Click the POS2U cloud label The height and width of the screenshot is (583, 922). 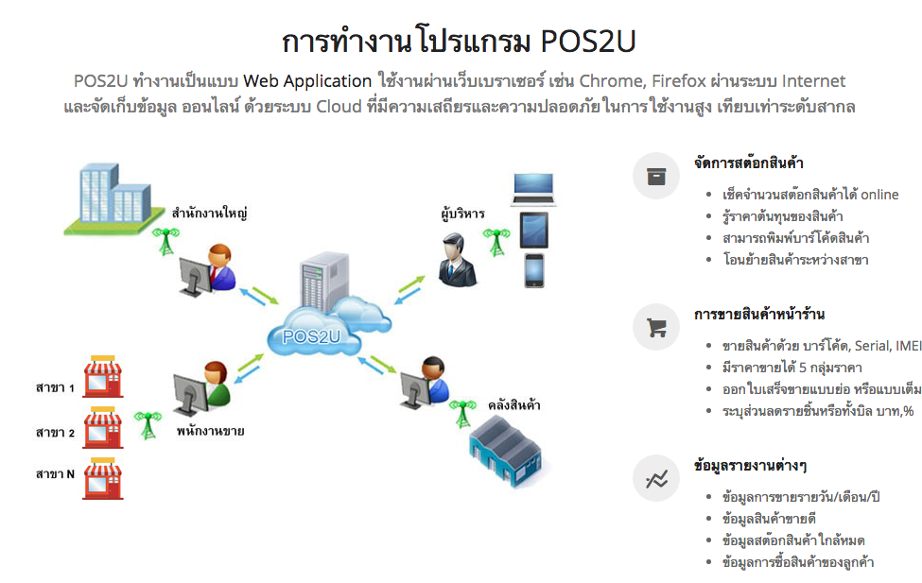point(304,335)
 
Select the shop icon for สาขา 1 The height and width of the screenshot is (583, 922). point(103,378)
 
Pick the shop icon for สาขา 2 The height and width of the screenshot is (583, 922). point(103,427)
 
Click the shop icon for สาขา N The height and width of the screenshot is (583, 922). point(103,477)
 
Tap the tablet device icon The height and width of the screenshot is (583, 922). point(534,230)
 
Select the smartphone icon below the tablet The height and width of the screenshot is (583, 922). point(535,269)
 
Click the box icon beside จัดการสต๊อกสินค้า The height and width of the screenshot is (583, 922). point(656,176)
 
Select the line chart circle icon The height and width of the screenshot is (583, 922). point(656,479)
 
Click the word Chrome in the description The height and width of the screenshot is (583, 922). point(610,80)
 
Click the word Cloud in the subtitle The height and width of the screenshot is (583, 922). point(339,106)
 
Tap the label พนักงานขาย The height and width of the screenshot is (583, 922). point(210,431)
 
